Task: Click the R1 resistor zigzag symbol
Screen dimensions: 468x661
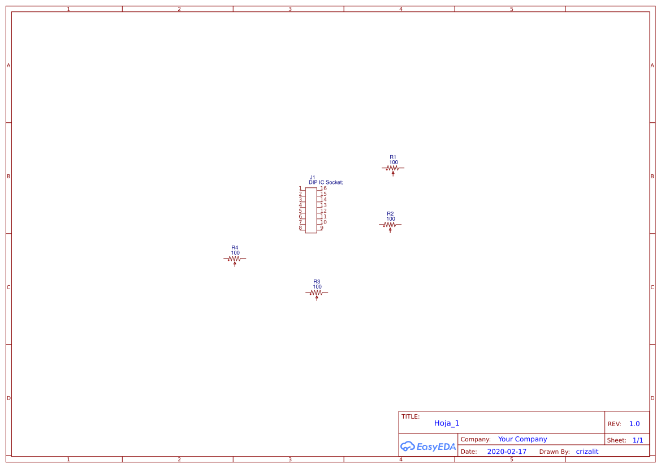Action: click(393, 168)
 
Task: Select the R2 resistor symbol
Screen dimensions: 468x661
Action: click(390, 225)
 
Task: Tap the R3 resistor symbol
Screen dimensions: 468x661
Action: click(317, 293)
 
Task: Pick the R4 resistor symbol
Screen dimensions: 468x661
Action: click(235, 259)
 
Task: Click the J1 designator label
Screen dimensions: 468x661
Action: click(312, 177)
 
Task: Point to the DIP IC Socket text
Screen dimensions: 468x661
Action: click(326, 182)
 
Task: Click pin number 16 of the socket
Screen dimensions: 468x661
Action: click(323, 188)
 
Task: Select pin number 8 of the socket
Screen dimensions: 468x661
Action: click(300, 228)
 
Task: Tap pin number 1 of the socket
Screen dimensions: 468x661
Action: click(300, 188)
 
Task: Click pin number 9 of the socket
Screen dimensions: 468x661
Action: click(322, 228)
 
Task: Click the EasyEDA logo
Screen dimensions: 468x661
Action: click(428, 446)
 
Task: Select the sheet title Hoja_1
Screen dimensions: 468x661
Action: click(447, 423)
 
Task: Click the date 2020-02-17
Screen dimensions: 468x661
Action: click(507, 452)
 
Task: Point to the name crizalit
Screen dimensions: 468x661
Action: click(587, 452)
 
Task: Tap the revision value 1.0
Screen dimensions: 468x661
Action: click(634, 424)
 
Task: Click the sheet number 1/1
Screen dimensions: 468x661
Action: click(637, 440)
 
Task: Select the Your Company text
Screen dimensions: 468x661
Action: click(522, 439)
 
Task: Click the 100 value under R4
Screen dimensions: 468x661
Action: click(235, 253)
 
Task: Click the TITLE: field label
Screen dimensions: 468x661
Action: click(411, 417)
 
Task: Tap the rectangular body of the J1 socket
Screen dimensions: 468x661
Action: click(311, 211)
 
